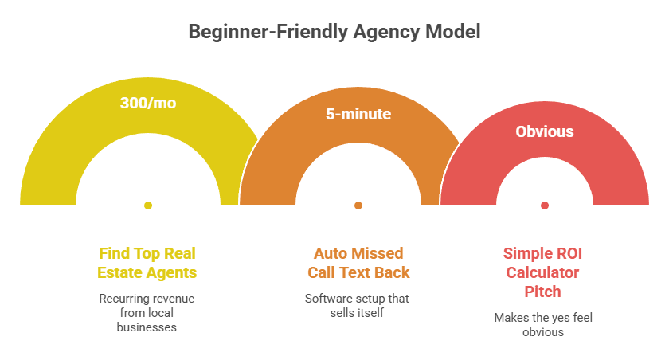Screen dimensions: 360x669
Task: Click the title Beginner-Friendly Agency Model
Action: coord(334,32)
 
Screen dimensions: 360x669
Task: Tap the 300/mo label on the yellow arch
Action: coord(148,103)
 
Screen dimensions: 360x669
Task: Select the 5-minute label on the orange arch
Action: coord(358,114)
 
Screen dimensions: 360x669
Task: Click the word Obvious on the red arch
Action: coord(545,131)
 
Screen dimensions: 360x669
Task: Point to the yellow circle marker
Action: coord(148,205)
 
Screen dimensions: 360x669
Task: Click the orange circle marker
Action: coord(358,205)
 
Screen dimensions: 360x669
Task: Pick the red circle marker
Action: coord(545,205)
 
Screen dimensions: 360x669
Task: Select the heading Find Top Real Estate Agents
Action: coord(148,263)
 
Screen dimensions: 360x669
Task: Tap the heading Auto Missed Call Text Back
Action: coord(358,263)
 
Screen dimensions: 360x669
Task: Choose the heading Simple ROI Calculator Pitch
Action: coord(545,272)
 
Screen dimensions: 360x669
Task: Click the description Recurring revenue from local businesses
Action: coord(148,312)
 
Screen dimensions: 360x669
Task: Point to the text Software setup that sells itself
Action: coord(358,306)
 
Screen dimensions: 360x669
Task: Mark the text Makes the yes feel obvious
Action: coord(545,324)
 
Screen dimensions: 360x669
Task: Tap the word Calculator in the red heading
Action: coord(545,272)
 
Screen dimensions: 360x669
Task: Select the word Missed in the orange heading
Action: coord(379,253)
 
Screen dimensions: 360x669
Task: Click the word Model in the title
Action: coord(456,32)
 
